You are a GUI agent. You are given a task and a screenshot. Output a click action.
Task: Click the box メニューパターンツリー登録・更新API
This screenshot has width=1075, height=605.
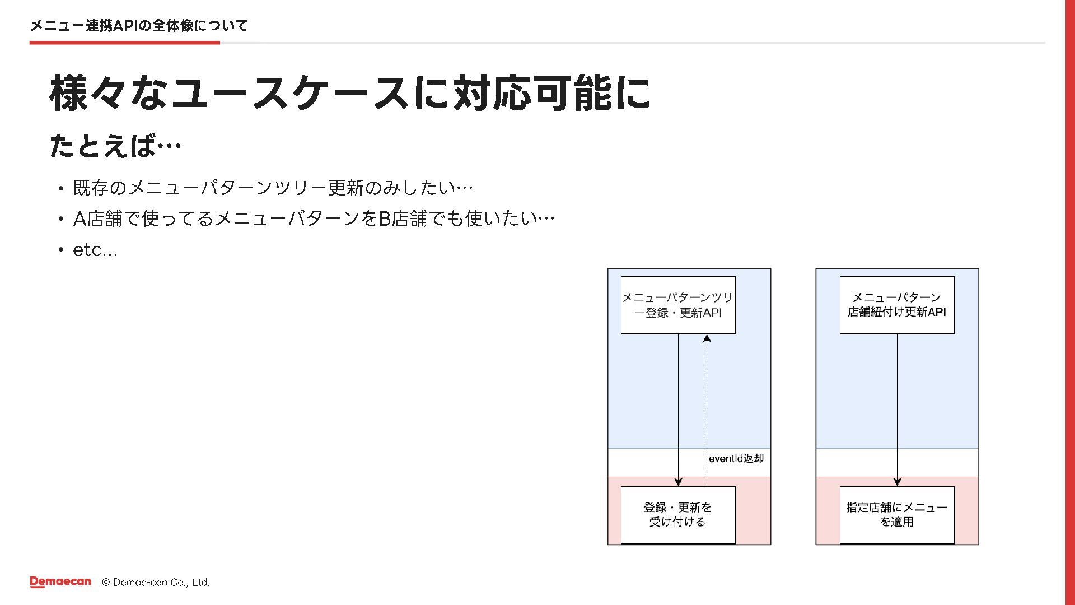coord(678,305)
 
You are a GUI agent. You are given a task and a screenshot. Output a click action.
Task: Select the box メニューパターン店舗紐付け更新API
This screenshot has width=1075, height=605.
coord(897,305)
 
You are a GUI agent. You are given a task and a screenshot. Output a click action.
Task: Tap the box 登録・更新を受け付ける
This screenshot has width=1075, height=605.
coord(678,515)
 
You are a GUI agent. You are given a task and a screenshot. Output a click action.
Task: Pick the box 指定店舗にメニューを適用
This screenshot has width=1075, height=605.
coord(897,515)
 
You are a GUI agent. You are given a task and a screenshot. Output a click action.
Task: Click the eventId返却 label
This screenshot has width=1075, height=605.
coord(736,458)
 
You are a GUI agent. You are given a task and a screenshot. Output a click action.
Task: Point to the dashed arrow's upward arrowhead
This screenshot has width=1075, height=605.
coord(707,338)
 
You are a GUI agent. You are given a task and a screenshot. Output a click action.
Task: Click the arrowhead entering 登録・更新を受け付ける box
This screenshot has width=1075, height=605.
coord(678,482)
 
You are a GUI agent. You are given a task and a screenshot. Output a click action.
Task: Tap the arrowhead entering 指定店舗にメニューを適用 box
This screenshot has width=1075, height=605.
coord(897,482)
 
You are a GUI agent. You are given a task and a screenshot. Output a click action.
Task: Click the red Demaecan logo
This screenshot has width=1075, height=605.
coord(60,582)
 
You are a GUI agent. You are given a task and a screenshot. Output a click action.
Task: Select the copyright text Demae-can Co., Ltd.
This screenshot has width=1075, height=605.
coord(156,582)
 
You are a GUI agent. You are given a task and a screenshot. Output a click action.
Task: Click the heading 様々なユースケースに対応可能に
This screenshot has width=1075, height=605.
coord(350,93)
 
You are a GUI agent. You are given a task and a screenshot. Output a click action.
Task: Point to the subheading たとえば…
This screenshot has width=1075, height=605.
coord(115,146)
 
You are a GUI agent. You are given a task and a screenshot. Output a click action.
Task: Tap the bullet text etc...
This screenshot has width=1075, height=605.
coord(95,250)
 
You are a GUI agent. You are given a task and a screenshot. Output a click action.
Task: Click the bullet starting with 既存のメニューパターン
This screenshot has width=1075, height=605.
coord(273,188)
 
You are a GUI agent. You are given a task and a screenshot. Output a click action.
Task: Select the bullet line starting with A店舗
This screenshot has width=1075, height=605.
coord(314,218)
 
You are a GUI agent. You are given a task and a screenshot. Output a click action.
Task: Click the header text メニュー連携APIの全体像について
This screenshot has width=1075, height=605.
coord(139,25)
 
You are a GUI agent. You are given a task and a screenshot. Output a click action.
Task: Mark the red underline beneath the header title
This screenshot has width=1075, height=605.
coord(125,43)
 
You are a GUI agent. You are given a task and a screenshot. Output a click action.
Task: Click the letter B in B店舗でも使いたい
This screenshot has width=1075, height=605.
coord(385,218)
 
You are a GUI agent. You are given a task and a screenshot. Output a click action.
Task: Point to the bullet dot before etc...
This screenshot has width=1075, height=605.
coord(61,250)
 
